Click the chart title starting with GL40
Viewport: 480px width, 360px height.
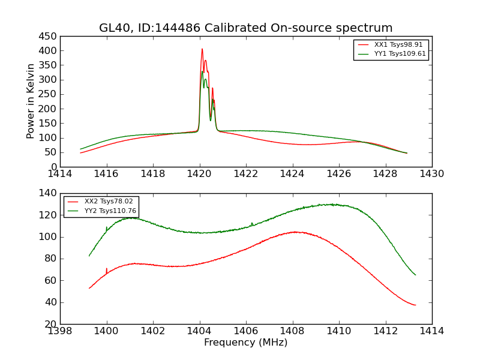pyautogui.click(x=246, y=28)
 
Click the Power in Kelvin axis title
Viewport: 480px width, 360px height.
pyautogui.click(x=31, y=101)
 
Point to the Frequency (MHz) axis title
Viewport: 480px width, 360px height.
pyautogui.click(x=246, y=343)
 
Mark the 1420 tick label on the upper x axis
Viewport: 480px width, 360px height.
pyautogui.click(x=199, y=174)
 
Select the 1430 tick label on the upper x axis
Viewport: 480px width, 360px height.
pyautogui.click(x=432, y=174)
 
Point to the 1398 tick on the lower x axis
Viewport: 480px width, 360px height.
pyautogui.click(x=60, y=331)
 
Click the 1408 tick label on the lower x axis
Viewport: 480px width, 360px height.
pyautogui.click(x=293, y=331)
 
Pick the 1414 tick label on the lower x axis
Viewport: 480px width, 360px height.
pyautogui.click(x=432, y=331)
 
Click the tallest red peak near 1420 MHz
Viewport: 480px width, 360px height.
pyautogui.click(x=202, y=49)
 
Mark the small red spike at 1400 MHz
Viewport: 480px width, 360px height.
pyautogui.click(x=107, y=269)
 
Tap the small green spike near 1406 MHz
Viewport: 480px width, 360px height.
pyautogui.click(x=252, y=223)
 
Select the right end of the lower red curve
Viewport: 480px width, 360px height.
pyautogui.click(x=415, y=305)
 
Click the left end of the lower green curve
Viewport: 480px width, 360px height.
pyautogui.click(x=89, y=256)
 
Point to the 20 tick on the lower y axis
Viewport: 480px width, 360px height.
pyautogui.click(x=51, y=324)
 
